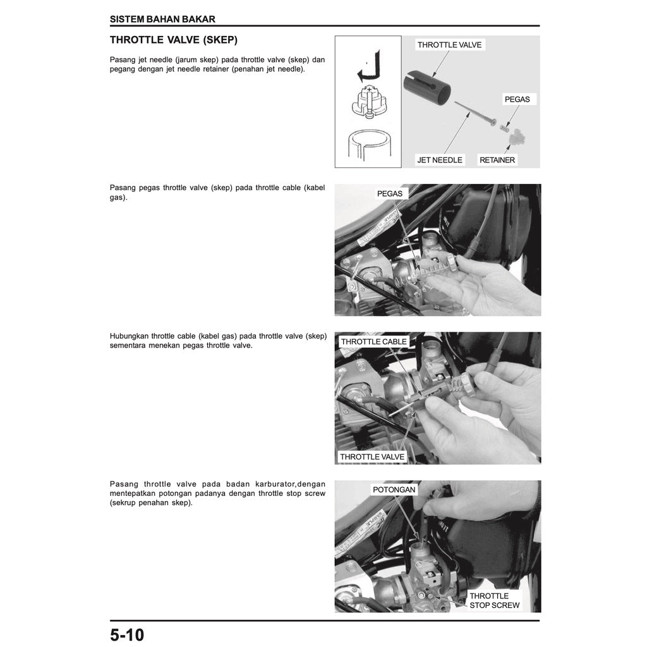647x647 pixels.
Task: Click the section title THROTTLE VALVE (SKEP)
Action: pyautogui.click(x=174, y=40)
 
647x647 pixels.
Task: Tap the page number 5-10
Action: pyautogui.click(x=127, y=634)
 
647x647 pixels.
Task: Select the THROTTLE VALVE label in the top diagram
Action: pyautogui.click(x=450, y=45)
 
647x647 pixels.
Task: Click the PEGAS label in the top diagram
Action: pyautogui.click(x=517, y=99)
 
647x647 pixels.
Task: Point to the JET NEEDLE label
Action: pyautogui.click(x=440, y=160)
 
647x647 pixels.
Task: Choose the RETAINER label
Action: pyautogui.click(x=497, y=160)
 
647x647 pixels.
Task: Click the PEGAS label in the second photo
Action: pyautogui.click(x=389, y=193)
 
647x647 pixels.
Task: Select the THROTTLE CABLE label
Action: pyautogui.click(x=374, y=342)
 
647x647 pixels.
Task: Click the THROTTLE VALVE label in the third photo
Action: pyautogui.click(x=372, y=457)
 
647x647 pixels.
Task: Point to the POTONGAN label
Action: pyautogui.click(x=394, y=490)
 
